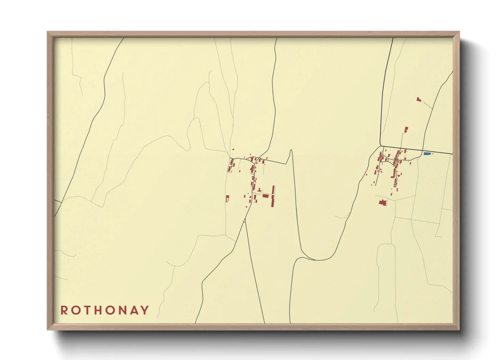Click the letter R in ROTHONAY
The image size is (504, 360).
tap(64, 310)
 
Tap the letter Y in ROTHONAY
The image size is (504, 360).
tap(145, 310)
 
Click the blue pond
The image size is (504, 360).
tap(427, 154)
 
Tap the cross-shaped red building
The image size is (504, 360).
tap(259, 190)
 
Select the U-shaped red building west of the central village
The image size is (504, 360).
tap(227, 198)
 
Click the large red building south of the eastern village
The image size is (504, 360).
tap(383, 202)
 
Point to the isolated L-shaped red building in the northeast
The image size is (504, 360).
tap(419, 99)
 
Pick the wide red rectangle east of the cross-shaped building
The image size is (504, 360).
tap(266, 196)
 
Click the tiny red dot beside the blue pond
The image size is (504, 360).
tap(433, 154)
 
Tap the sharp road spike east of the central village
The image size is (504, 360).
tap(291, 150)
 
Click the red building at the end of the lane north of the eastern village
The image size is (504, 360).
tap(406, 130)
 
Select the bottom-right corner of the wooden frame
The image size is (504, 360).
tap(459, 329)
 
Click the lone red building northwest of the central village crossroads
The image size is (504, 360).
tap(233, 149)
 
